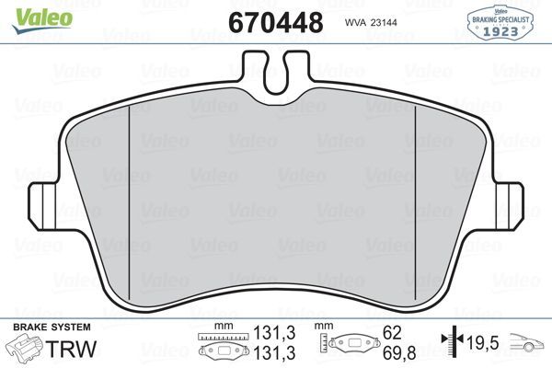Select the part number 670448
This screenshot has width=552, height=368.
click(275, 21)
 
